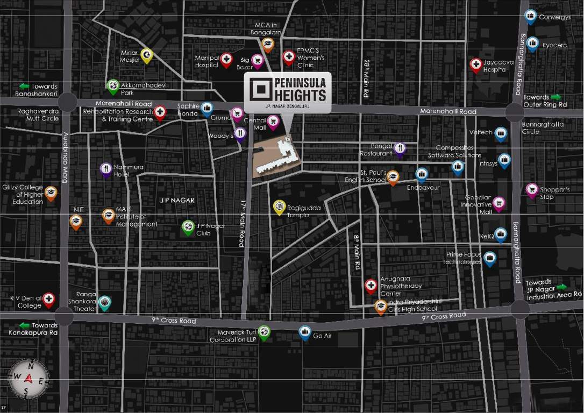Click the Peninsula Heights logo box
pyautogui.click(x=288, y=92)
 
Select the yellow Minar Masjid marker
pyautogui.click(x=146, y=55)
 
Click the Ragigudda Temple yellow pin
pyautogui.click(x=279, y=206)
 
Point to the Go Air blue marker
pyautogui.click(x=305, y=332)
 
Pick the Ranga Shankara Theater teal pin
pyautogui.click(x=105, y=302)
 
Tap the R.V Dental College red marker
pyautogui.click(x=49, y=299)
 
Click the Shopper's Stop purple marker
pyautogui.click(x=532, y=190)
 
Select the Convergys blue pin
pyautogui.click(x=531, y=17)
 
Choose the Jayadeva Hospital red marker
pyautogui.click(x=475, y=65)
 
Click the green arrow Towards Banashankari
pyautogui.click(x=24, y=86)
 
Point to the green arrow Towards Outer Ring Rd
pyautogui.click(x=555, y=97)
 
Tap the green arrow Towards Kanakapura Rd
pyautogui.click(x=24, y=325)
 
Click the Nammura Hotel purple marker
pyautogui.click(x=106, y=169)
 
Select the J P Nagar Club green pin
pyautogui.click(x=188, y=227)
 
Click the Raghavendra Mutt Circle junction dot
pyautogui.click(x=68, y=102)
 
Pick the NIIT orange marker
pyautogui.click(x=76, y=220)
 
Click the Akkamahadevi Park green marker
pyautogui.click(x=113, y=86)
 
